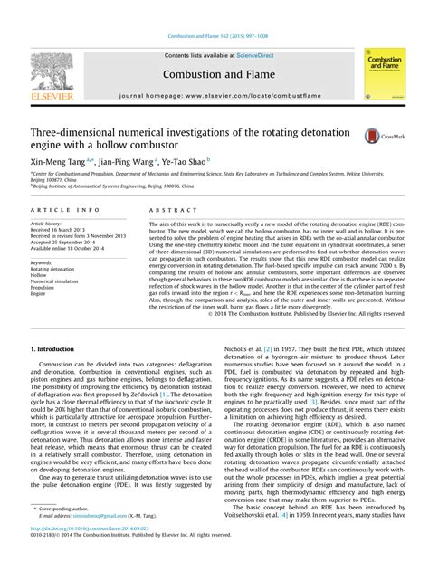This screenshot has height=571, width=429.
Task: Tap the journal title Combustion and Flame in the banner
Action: (214, 73)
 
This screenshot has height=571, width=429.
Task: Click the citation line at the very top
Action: (214, 36)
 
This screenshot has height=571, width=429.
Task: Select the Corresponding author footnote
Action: (65, 533)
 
